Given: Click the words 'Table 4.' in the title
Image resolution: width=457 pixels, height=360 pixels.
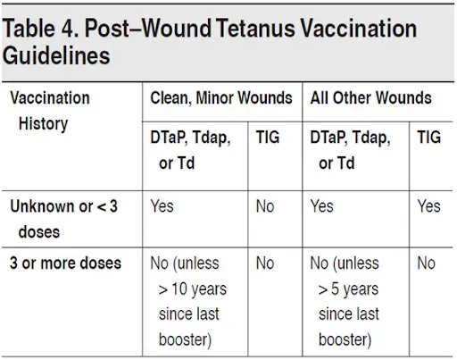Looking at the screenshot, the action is coord(41,29).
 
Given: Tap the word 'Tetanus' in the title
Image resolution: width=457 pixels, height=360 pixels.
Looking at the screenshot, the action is coord(256,29).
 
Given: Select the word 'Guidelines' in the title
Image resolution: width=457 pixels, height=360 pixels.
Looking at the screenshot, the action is coord(56,56).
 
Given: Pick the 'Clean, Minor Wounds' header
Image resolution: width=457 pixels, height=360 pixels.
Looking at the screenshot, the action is coord(221,98).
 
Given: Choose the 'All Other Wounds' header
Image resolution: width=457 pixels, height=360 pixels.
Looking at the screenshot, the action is coord(370,98).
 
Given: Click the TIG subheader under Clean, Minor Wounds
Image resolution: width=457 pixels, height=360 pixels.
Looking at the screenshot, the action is coord(268,138).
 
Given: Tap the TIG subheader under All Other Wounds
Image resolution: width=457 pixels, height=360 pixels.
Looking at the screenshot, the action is coord(428,138).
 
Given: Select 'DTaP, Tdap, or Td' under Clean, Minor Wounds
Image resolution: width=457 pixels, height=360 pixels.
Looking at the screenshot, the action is coord(190,150).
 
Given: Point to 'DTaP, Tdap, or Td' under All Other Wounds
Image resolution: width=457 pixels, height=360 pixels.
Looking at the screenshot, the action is coord(350,150).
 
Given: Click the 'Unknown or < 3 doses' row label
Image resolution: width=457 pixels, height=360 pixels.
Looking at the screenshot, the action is coord(64,219).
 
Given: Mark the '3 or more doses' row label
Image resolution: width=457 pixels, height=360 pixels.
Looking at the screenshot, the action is coord(65,264).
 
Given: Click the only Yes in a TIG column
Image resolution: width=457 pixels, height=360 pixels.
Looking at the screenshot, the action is coord(428,206).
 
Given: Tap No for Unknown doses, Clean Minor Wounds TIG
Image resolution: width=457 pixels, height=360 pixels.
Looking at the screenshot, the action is coord(265,206).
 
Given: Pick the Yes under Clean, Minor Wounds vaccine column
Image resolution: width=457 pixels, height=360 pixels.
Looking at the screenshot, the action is coord(162,206).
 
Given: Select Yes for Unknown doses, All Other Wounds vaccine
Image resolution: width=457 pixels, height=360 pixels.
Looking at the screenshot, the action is coord(321,206).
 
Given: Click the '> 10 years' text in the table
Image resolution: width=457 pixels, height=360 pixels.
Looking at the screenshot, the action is coord(193,289).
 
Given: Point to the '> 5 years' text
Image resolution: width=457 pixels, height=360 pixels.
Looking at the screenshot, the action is coord(348,289).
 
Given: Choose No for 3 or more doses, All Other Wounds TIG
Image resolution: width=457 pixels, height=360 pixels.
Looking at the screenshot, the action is coord(426,264).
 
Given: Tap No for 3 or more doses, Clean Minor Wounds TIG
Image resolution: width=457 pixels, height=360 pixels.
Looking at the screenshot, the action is coord(265,264).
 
